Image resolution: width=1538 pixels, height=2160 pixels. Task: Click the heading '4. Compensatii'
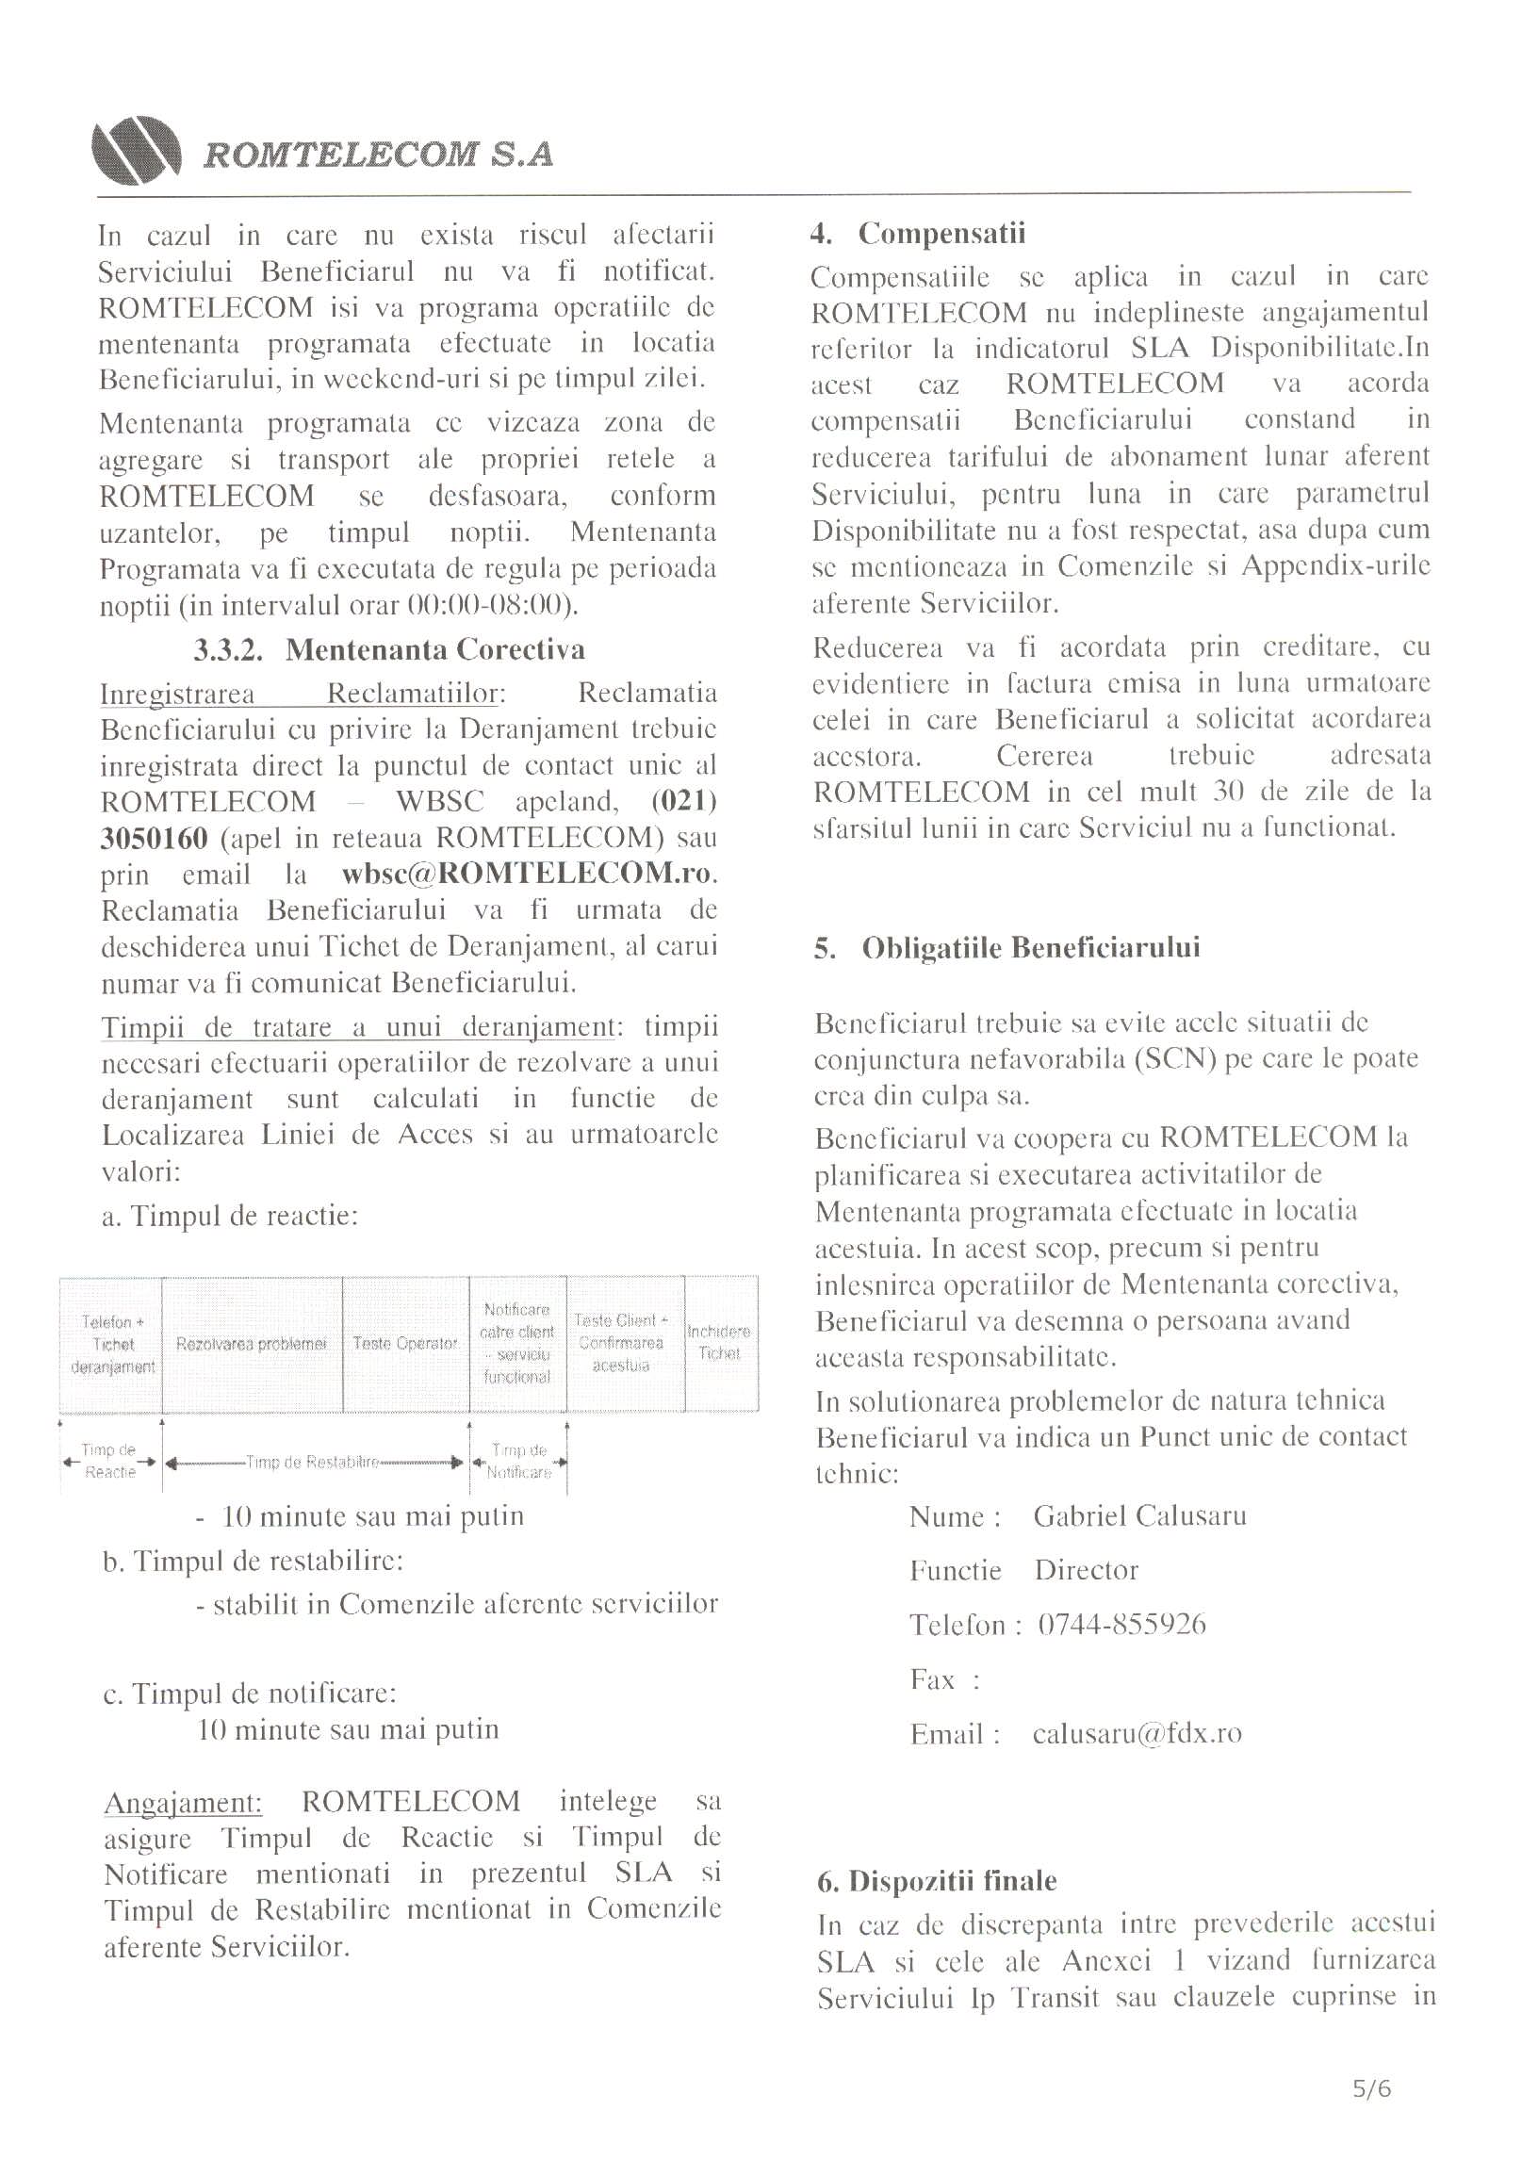[x=918, y=233]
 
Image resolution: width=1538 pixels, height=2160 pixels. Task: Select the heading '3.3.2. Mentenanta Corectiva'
[x=389, y=649]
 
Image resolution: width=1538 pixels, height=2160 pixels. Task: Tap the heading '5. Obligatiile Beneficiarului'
[x=1006, y=948]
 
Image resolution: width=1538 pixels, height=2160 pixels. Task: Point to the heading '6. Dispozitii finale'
[x=937, y=1881]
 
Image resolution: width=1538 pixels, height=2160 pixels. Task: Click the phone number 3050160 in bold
[x=155, y=838]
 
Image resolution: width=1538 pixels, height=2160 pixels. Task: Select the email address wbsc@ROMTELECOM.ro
[x=526, y=874]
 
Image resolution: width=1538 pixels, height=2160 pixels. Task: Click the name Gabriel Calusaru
[x=1139, y=1516]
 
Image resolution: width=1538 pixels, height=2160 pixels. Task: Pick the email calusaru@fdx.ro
[x=1137, y=1734]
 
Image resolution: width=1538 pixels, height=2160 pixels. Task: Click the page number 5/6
[x=1371, y=2089]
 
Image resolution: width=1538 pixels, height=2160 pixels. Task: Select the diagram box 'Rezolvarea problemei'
[x=251, y=1344]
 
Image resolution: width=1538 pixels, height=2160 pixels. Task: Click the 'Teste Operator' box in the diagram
[x=405, y=1344]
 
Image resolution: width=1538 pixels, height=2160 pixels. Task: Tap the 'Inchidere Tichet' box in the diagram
[x=719, y=1343]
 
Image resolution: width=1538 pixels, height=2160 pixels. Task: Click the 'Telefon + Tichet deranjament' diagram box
[x=112, y=1344]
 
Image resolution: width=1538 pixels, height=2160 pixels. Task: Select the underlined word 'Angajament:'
[x=183, y=1802]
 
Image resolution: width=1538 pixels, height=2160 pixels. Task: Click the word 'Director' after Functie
[x=1086, y=1570]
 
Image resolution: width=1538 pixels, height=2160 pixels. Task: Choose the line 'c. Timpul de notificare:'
[x=250, y=1694]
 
